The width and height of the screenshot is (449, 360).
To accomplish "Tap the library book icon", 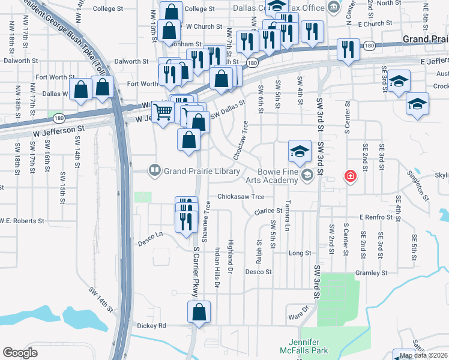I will tap(155, 171).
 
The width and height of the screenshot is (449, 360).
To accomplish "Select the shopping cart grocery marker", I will tap(163, 111).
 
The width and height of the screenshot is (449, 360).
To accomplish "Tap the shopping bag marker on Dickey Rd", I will tap(199, 313).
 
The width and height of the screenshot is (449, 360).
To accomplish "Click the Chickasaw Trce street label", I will tap(241, 196).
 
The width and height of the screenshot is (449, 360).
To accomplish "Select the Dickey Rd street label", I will tap(153, 326).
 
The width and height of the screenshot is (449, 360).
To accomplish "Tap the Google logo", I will tap(20, 353).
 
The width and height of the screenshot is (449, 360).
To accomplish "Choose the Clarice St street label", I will tap(268, 211).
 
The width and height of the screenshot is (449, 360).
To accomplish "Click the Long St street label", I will tap(298, 253).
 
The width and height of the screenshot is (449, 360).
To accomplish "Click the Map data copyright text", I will tap(423, 355).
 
